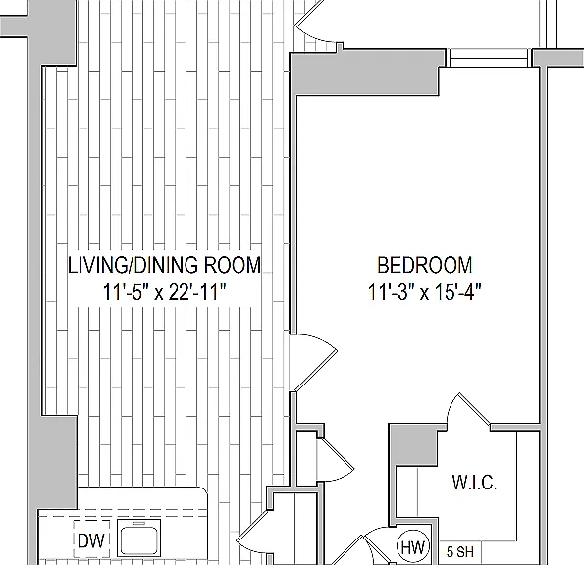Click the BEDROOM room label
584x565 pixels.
[x=425, y=265]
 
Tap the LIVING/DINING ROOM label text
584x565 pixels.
[x=164, y=265]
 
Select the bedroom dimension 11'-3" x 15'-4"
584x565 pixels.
[x=425, y=291]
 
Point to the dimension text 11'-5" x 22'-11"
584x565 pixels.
[x=164, y=292]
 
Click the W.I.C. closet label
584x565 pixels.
[x=474, y=483]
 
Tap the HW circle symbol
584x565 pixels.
[x=413, y=547]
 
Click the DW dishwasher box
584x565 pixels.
[x=91, y=539]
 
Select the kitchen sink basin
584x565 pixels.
[x=138, y=539]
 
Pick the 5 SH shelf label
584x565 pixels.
[x=460, y=552]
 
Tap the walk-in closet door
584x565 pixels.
[x=468, y=409]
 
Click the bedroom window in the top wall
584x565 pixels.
[x=489, y=58]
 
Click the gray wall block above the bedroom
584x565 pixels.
[x=365, y=72]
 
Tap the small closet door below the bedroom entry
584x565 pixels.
[x=335, y=460]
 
